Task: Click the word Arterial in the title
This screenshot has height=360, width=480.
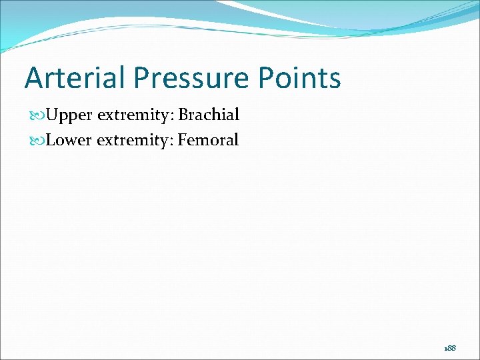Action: [x=75, y=78]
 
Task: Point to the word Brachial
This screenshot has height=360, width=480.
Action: [x=209, y=115]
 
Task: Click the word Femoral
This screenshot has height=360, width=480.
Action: [x=208, y=140]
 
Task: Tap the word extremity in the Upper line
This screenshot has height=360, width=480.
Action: [x=135, y=115]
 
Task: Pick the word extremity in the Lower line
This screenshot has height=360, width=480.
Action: [x=135, y=140]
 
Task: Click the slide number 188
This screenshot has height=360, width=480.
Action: [x=451, y=349]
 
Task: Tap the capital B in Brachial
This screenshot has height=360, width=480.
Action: [x=183, y=115]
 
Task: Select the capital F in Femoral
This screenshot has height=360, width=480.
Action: [x=182, y=140]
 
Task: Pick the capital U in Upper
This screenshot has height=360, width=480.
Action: [x=53, y=115]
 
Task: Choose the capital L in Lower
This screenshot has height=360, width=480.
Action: [x=51, y=140]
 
